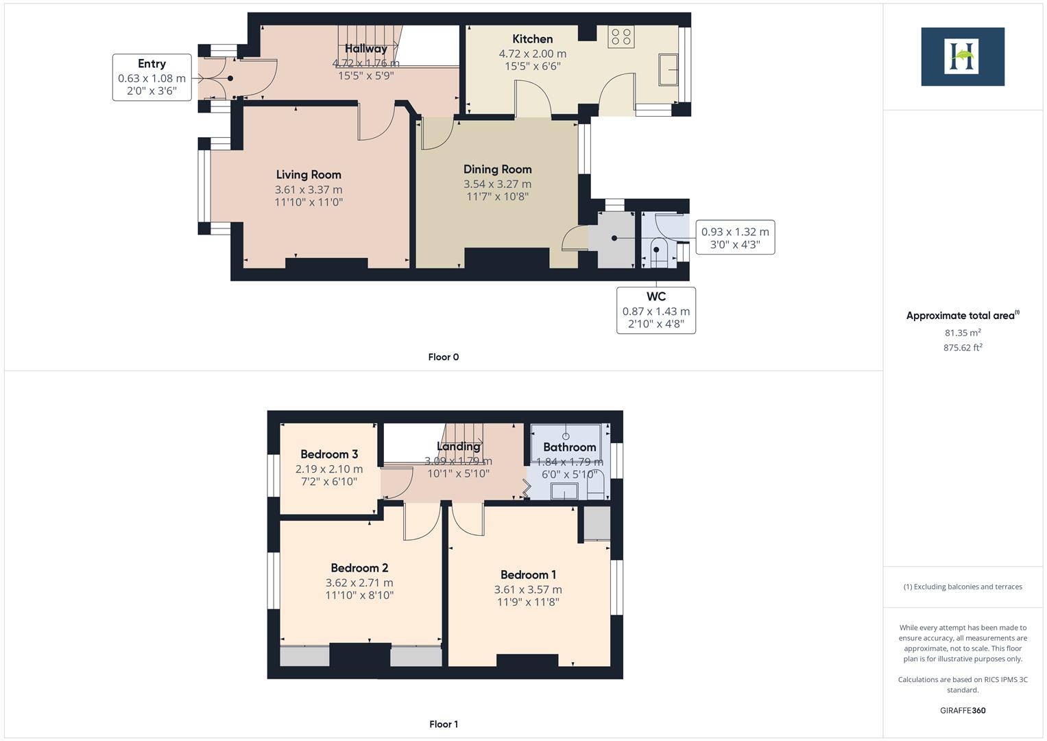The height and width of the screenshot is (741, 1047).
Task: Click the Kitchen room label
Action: click(x=532, y=39)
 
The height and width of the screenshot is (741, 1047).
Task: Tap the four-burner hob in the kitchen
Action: click(x=621, y=36)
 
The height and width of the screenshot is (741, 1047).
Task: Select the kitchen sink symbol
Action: click(x=669, y=70)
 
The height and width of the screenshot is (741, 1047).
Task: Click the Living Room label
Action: click(x=309, y=175)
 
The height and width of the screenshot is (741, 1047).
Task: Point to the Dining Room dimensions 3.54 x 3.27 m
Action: click(x=497, y=184)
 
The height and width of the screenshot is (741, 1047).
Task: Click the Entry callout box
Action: click(x=152, y=78)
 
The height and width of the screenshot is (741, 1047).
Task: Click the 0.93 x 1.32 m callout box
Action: click(x=735, y=237)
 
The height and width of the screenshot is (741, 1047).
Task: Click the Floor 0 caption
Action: click(x=443, y=357)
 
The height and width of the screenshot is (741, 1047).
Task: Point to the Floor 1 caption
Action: click(x=443, y=724)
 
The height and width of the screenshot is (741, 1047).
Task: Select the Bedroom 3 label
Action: click(x=329, y=454)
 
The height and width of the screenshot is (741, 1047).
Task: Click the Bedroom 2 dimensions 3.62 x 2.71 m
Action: click(x=359, y=583)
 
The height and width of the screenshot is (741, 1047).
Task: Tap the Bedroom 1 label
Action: click(x=528, y=575)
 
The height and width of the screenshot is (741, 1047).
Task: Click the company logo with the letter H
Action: click(x=963, y=57)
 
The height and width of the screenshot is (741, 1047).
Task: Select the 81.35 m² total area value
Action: click(x=963, y=333)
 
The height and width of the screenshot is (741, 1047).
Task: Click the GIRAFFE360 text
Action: click(x=963, y=710)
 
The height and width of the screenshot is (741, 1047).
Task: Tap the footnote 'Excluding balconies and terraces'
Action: click(x=963, y=587)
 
